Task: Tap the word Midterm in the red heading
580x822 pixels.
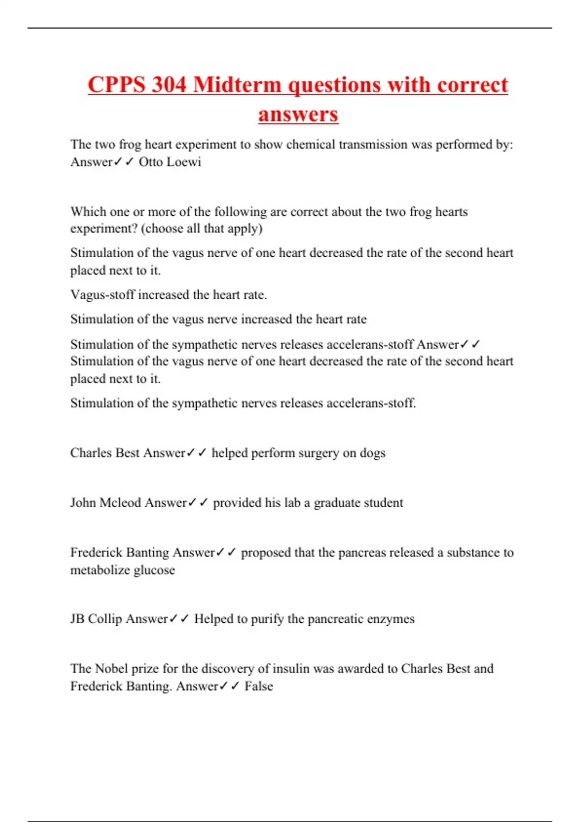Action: point(237,85)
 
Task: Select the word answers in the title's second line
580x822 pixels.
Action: point(298,115)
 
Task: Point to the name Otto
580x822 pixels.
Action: point(151,161)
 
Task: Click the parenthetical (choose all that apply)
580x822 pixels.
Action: point(202,228)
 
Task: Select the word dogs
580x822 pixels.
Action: point(372,453)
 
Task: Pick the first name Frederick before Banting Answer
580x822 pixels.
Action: point(96,552)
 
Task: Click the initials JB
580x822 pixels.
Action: point(77,619)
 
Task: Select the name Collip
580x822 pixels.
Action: point(105,619)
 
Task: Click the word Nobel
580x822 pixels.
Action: point(112,669)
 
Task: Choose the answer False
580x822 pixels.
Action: point(259,686)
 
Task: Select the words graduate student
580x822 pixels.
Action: point(358,503)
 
